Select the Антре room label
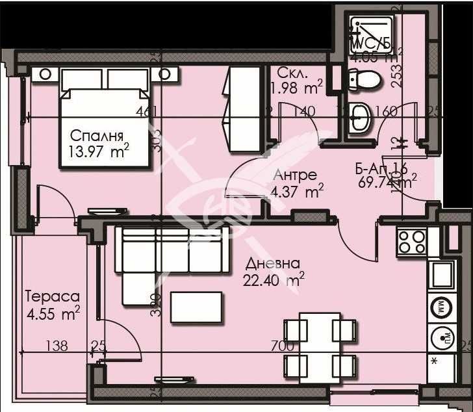point(295,175)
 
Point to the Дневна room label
point(273,264)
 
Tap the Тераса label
point(52,296)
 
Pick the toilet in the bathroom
point(363,81)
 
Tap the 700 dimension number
point(281,346)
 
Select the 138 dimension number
point(57,346)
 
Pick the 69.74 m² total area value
point(387,182)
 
